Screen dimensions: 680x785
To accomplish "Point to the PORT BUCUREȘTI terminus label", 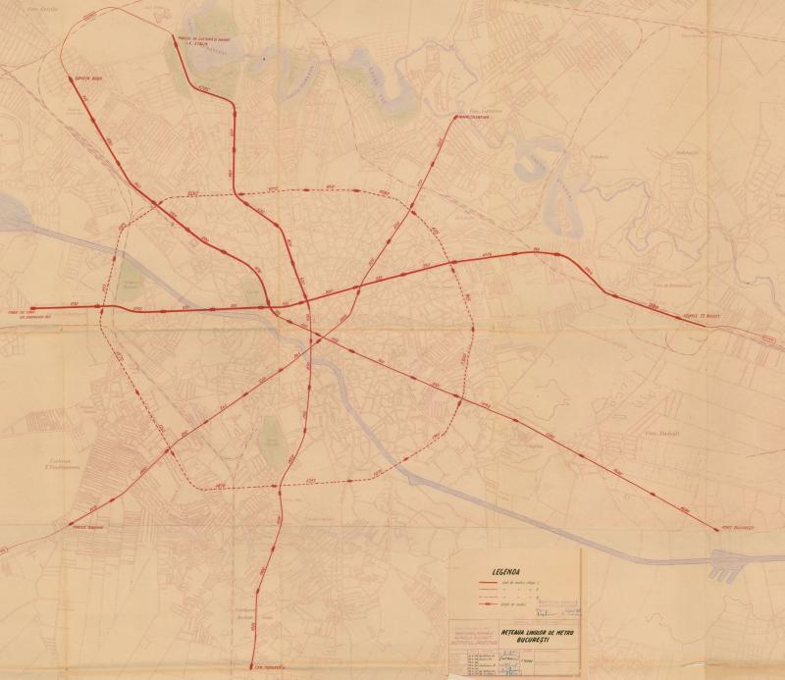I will [737, 530].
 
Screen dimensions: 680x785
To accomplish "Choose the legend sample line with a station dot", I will [489, 609].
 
